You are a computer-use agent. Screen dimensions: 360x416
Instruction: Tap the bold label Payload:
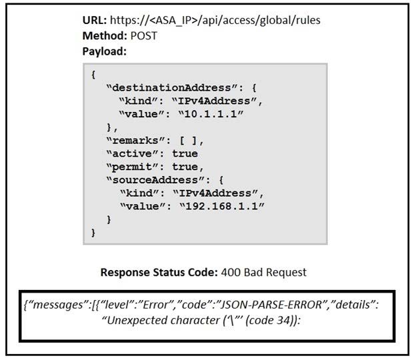104,51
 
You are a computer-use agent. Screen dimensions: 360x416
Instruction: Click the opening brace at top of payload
93,75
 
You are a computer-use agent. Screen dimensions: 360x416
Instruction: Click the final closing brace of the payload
93,233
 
